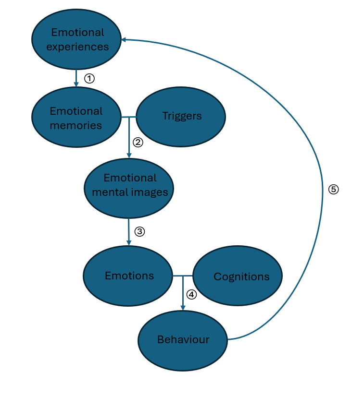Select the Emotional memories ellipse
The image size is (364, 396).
(x=76, y=118)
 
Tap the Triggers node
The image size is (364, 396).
(x=181, y=116)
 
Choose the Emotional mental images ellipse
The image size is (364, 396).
(x=129, y=185)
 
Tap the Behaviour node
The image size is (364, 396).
(x=183, y=340)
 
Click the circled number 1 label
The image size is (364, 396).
(x=89, y=78)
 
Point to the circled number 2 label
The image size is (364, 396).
(x=138, y=142)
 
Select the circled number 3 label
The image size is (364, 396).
(x=139, y=231)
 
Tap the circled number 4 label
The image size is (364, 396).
(x=191, y=294)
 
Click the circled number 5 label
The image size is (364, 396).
(x=334, y=189)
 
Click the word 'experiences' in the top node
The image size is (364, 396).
(x=77, y=47)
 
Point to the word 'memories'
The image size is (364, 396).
(x=76, y=125)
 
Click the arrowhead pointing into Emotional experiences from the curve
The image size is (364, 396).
(x=124, y=40)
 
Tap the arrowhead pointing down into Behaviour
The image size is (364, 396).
(x=183, y=307)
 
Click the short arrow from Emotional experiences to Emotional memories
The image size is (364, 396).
(x=76, y=77)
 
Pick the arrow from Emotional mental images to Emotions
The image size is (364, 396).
(x=129, y=231)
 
